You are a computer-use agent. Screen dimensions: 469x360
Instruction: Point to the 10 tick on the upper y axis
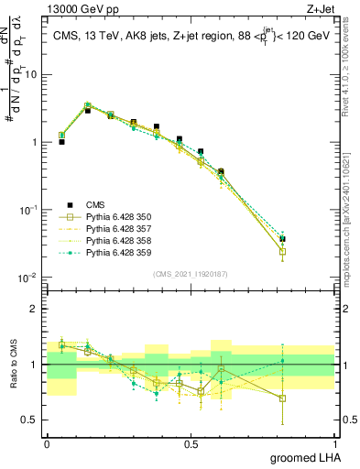30,75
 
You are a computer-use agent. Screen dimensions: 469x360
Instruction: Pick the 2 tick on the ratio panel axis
34,309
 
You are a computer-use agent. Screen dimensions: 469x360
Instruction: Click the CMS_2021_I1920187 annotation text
190,273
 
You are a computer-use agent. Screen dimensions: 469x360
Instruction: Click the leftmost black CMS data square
61,142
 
